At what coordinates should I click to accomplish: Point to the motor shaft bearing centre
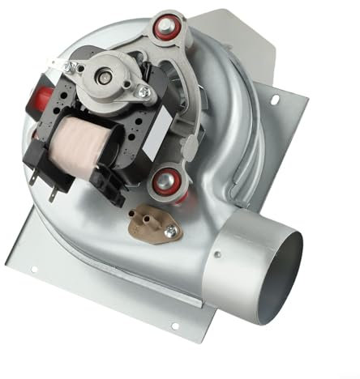click(105, 75)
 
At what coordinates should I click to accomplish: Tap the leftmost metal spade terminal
click(32, 180)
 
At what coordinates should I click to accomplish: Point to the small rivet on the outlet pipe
click(216, 257)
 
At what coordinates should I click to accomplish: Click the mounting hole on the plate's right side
click(276, 100)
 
